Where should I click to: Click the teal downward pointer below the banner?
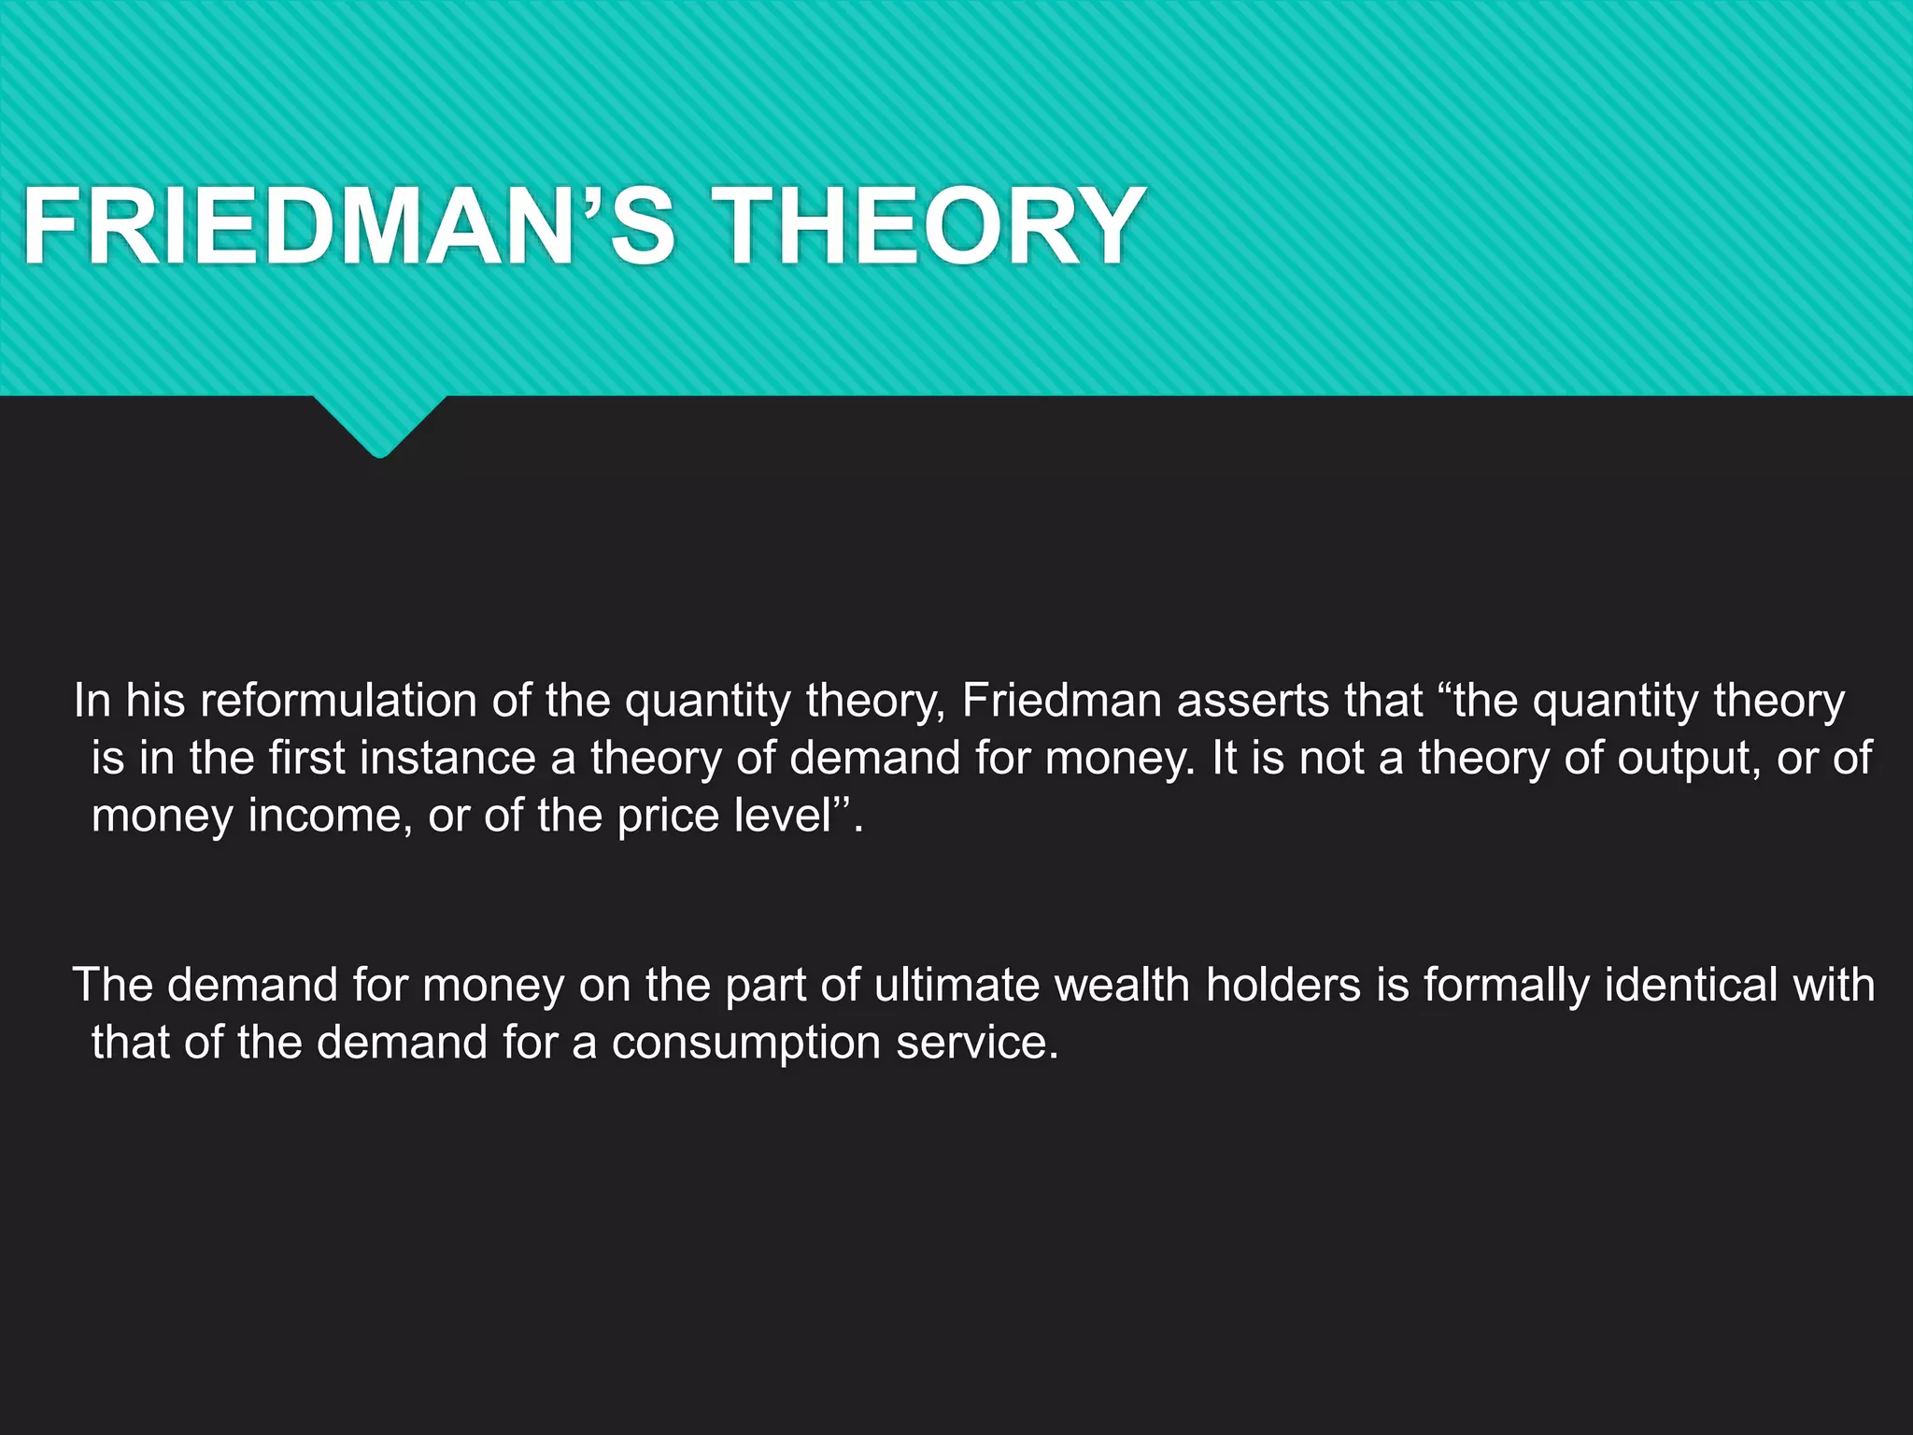pyautogui.click(x=379, y=426)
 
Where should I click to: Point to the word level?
pyautogui.click(x=783, y=816)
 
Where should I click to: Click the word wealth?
pyautogui.click(x=1114, y=986)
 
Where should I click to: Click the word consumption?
pyautogui.click(x=746, y=1043)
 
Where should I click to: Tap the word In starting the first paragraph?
pyautogui.click(x=92, y=701)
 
